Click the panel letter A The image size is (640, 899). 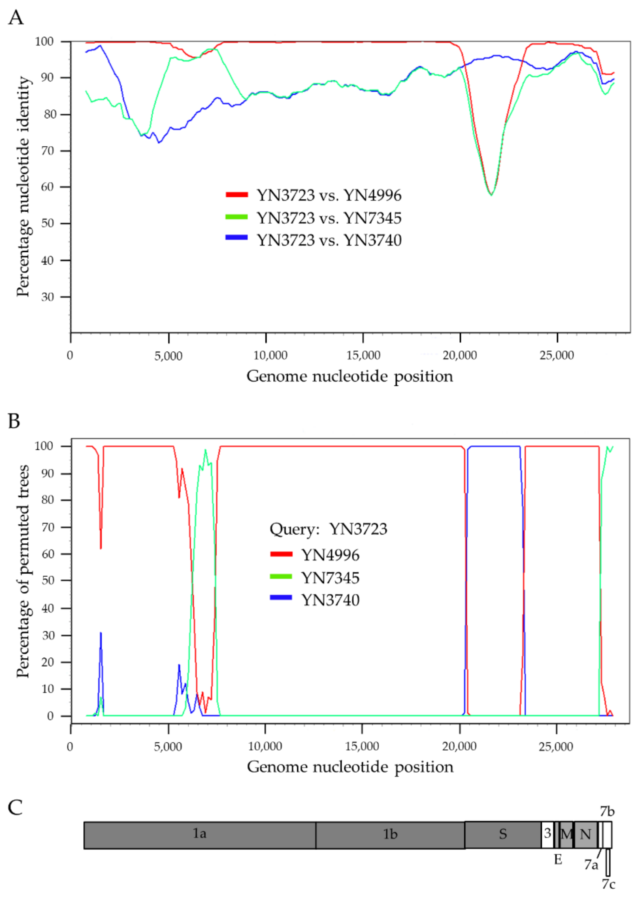coord(16,18)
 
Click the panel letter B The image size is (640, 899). coord(14,421)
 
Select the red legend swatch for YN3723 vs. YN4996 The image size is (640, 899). coord(236,195)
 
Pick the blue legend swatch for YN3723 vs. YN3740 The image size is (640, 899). coord(236,237)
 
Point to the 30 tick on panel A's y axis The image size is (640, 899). coord(47,297)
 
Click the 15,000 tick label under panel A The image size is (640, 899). coord(363,355)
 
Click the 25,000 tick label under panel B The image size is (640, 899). coord(556,746)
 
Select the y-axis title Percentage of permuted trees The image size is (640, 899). coord(23,571)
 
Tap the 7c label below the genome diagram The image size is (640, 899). coord(608,884)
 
